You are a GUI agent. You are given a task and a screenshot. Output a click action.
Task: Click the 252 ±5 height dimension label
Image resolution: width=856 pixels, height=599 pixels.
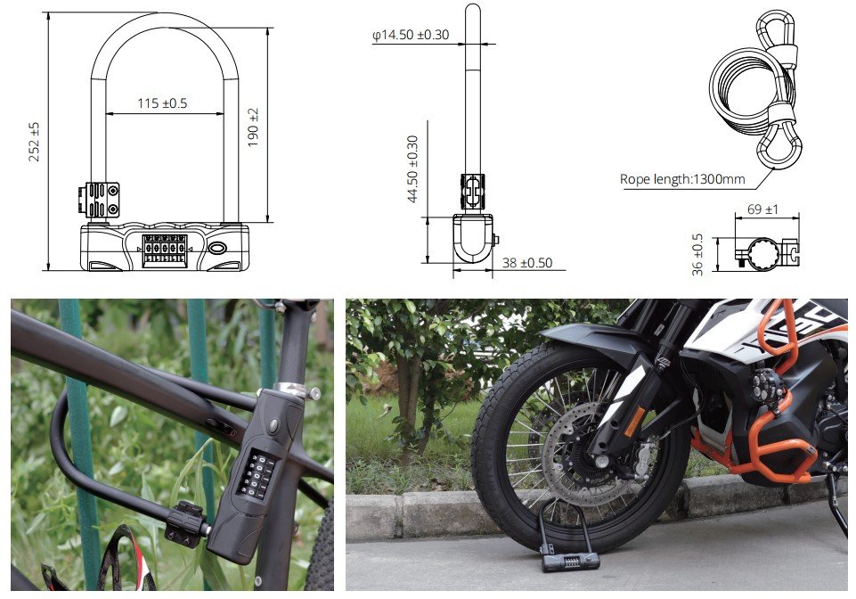(34, 142)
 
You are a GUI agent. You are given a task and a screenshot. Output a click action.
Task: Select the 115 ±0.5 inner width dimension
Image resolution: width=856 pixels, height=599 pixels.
(162, 103)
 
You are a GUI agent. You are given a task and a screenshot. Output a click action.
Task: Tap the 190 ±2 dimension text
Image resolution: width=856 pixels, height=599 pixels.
(253, 127)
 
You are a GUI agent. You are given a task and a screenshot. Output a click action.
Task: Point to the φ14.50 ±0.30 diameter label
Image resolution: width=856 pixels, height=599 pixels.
(411, 35)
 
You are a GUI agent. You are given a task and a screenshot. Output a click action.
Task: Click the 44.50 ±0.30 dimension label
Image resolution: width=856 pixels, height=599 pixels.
(412, 168)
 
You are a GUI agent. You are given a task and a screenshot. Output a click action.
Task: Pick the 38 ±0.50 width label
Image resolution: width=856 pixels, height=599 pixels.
(527, 263)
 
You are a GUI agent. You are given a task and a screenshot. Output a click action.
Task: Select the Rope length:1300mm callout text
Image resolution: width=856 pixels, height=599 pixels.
(682, 179)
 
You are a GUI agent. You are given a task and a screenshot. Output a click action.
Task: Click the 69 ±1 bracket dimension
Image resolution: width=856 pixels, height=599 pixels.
(763, 209)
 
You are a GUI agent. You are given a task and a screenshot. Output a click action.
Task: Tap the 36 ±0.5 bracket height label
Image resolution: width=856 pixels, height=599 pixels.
(697, 254)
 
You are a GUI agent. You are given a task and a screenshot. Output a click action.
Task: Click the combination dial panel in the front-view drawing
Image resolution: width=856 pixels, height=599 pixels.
(164, 250)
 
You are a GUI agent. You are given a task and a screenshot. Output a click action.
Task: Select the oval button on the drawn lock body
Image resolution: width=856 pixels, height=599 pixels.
(217, 249)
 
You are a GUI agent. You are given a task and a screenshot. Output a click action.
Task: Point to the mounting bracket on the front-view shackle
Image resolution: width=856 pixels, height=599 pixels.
(99, 200)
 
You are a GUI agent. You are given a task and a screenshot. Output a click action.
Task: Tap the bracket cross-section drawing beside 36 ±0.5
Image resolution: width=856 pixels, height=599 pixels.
(767, 253)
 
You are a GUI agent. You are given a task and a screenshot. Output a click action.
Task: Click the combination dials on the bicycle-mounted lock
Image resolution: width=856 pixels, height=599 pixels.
(256, 475)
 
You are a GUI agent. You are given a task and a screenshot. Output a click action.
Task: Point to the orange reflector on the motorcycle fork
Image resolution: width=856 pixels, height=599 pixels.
(635, 422)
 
